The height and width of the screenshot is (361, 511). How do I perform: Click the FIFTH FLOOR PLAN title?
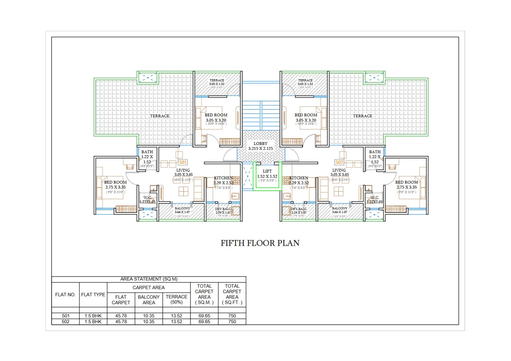pos(260,243)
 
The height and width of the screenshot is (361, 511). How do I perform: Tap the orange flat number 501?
pos(183,162)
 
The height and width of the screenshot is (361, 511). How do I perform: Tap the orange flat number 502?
pos(339,162)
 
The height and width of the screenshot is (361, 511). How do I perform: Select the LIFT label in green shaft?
pos(267,171)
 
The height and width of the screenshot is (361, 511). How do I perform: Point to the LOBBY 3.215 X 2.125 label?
pos(260,146)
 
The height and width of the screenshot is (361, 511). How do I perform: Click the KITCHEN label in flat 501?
pos(223,178)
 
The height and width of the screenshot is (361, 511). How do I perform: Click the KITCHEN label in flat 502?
pos(298,178)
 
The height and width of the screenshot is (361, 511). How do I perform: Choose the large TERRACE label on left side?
pos(160,116)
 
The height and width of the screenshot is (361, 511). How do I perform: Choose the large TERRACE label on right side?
pos(363,116)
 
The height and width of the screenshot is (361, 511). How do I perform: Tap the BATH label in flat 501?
pos(147,152)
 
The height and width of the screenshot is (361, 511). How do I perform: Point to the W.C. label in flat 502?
pos(375,198)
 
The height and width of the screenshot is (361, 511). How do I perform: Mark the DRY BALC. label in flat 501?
pos(223,209)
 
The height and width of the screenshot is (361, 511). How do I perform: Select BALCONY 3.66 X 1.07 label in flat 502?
pos(340,210)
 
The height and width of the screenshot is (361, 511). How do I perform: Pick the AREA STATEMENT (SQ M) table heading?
pos(149,279)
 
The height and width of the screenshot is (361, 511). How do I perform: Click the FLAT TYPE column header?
pos(93,295)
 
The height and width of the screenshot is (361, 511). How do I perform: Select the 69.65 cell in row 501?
pos(204,316)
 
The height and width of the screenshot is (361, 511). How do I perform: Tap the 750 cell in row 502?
pos(232,322)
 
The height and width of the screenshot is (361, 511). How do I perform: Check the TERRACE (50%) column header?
pos(176,299)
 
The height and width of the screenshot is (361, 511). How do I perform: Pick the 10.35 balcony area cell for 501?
pos(149,316)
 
